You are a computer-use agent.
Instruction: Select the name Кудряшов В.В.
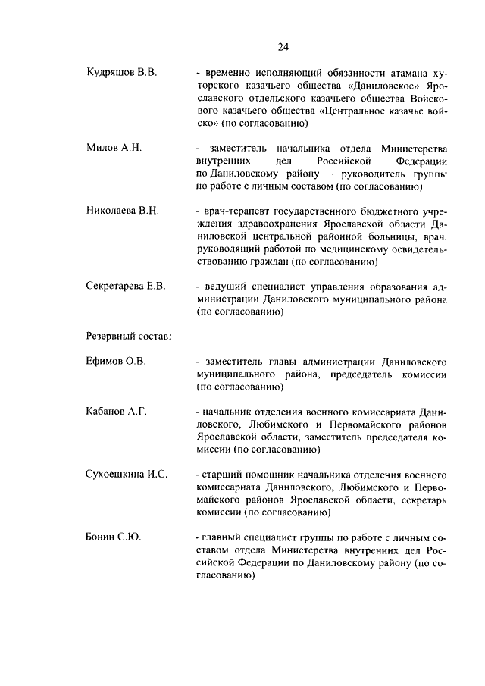(121, 73)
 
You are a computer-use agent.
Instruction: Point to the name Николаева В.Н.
(123, 209)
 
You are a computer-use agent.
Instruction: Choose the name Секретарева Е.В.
(126, 286)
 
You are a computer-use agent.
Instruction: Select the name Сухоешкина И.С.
(126, 474)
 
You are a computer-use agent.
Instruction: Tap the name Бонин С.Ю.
(114, 537)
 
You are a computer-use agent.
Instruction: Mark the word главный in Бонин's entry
(224, 537)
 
